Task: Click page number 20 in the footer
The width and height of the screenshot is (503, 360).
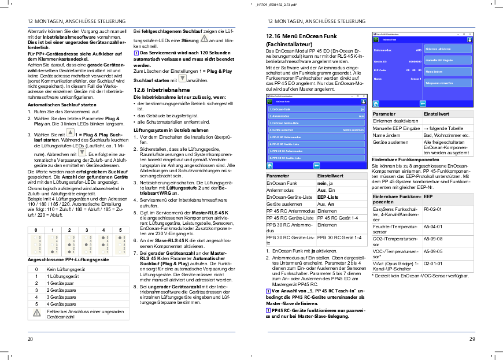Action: (30, 339)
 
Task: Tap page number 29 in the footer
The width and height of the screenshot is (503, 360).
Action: (472, 339)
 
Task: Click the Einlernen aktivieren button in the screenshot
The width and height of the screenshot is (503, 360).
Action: (438, 49)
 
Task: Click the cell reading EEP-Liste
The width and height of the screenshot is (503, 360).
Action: (328, 197)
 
